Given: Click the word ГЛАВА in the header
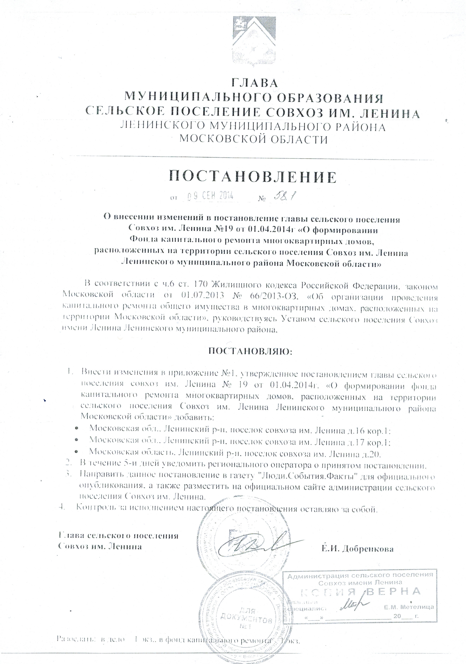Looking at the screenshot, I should click(x=255, y=83).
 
